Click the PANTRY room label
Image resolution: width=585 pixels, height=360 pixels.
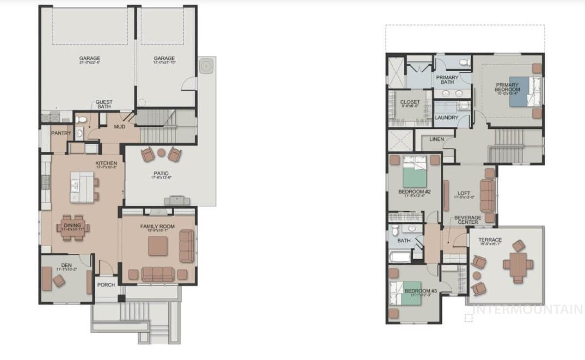61,133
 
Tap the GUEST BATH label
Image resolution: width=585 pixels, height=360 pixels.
104,104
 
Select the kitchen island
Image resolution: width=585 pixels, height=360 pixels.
82,186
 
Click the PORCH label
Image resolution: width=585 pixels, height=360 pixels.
106,285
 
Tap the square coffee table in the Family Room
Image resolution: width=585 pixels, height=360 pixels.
158,246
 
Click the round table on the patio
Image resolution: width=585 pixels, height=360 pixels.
161,152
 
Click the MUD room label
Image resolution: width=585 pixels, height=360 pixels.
119,127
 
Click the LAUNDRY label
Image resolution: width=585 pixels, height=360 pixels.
446,118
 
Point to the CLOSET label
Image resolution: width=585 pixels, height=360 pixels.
410,102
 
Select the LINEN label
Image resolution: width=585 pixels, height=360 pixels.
437,140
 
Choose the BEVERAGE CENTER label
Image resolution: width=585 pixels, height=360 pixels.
468,220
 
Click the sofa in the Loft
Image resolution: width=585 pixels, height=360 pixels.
487,195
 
